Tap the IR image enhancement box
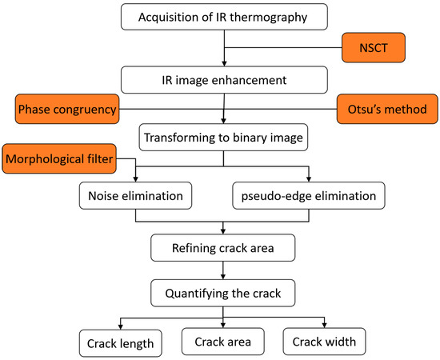(x=224, y=79)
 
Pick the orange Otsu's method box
(x=381, y=109)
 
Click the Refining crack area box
(x=224, y=248)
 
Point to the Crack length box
(x=120, y=343)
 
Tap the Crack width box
(x=324, y=342)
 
